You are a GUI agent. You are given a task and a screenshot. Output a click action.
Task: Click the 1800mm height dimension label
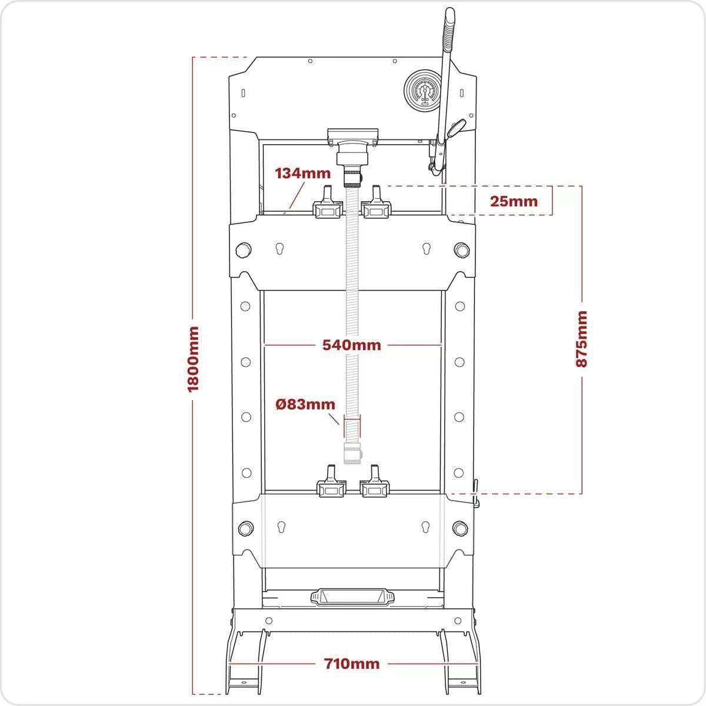193,359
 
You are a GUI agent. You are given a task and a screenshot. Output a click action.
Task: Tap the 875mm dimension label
581,339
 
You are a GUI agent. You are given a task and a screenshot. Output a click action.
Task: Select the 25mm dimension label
514,201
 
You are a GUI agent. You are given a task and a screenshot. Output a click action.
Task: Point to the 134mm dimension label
302,174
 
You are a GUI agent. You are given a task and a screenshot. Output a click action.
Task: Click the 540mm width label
352,345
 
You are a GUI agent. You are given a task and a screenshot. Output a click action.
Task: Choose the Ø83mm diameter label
305,404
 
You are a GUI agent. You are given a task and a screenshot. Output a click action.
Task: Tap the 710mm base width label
352,664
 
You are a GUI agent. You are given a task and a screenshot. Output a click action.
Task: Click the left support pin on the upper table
243,250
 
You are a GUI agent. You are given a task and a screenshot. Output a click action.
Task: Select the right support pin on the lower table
460,528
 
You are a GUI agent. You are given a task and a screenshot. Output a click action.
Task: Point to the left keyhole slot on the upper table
279,249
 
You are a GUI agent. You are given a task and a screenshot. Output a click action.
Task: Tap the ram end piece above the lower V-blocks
352,453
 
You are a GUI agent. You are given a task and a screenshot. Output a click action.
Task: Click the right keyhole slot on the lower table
425,527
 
